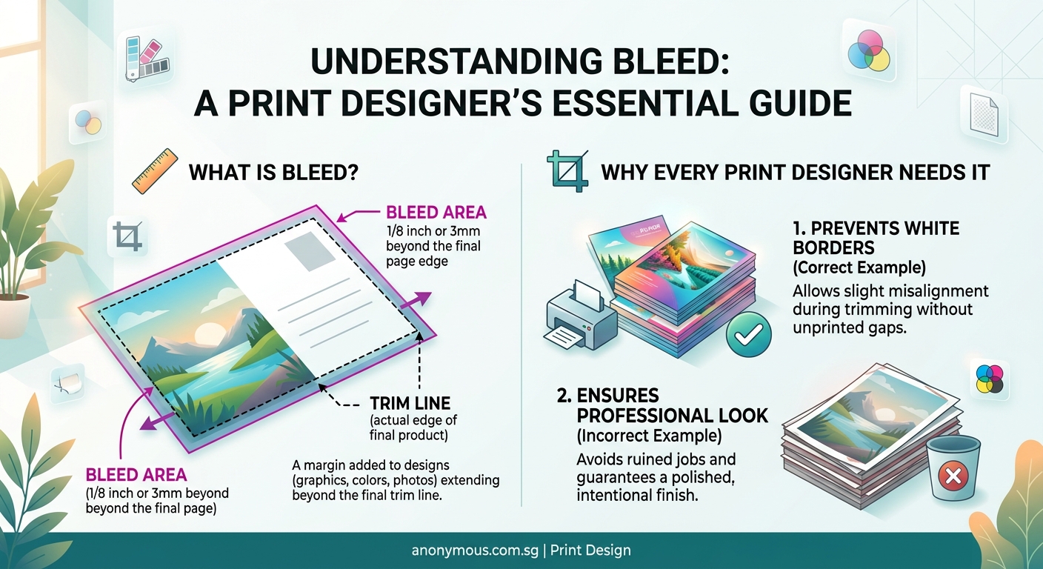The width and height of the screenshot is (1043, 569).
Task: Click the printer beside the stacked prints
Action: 580,315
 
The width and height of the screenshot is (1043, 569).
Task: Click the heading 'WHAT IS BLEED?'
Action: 274,173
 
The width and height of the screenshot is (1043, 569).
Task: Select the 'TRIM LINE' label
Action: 410,403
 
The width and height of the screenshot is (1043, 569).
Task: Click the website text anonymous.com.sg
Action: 473,550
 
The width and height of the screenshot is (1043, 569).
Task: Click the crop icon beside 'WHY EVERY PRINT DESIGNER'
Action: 566,170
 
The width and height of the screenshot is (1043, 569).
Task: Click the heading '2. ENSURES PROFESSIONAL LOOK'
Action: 662,405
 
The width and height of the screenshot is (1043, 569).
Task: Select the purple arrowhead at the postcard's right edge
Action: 421,298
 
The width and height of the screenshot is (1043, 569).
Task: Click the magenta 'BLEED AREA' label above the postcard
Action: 436,213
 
